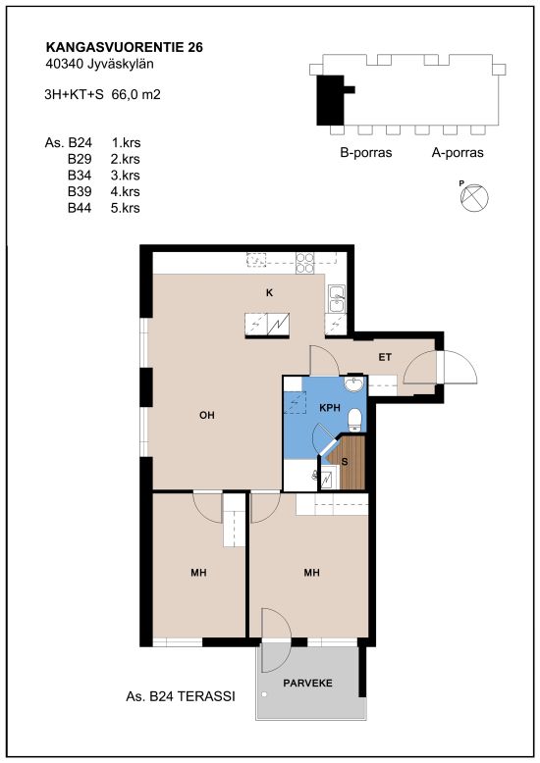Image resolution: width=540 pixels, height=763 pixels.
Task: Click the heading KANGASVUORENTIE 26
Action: (125, 47)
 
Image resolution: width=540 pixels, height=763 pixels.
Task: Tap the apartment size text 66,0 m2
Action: (135, 94)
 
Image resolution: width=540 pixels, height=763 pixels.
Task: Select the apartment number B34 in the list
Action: (80, 176)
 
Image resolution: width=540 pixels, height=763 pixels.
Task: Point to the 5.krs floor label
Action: (126, 208)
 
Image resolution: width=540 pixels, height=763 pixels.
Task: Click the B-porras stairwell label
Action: (366, 153)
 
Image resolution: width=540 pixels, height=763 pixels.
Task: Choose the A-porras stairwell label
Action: (458, 153)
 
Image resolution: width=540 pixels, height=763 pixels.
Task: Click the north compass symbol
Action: (474, 197)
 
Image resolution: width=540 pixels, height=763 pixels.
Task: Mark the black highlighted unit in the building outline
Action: (332, 100)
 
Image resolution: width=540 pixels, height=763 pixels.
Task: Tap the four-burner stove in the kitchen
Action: (304, 262)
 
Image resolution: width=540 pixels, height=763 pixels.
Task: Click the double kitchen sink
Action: (337, 299)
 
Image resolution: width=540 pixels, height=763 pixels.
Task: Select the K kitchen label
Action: (270, 293)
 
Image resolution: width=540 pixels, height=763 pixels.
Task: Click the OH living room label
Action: (207, 415)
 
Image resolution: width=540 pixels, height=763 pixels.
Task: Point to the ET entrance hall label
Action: (385, 357)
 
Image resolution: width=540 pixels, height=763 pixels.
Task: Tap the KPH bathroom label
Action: (330, 408)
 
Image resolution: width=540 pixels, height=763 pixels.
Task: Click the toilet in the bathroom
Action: (354, 420)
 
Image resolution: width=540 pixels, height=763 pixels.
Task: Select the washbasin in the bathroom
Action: (353, 383)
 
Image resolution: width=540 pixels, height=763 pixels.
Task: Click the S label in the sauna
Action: (345, 461)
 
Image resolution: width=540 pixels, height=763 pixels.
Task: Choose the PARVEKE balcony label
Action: (308, 684)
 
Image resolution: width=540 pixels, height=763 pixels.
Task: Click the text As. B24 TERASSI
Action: (181, 697)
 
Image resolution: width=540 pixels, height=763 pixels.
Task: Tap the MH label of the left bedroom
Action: (199, 573)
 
